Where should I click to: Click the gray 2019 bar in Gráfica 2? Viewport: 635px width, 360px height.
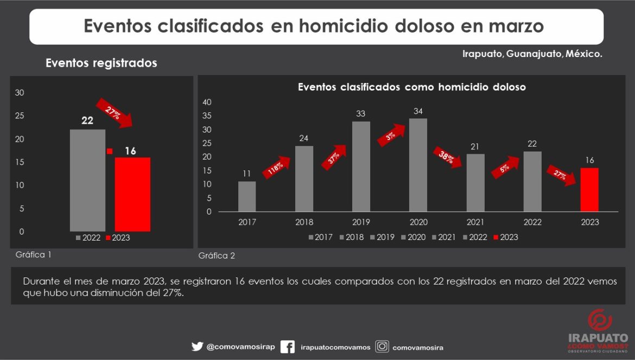(361, 166)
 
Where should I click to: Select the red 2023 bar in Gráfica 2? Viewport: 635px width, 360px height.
(589, 190)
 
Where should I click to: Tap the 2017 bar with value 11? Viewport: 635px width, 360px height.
(247, 196)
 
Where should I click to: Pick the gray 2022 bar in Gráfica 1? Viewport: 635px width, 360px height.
(87, 180)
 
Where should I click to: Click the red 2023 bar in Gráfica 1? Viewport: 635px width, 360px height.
(132, 194)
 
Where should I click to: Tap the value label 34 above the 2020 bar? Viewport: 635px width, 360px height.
(418, 112)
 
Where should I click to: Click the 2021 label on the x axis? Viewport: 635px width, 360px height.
(475, 222)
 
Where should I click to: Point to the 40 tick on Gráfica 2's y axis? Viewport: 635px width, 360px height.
(207, 102)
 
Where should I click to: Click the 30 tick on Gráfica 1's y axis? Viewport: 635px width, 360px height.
(20, 93)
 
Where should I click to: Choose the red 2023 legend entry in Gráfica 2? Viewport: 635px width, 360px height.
(506, 237)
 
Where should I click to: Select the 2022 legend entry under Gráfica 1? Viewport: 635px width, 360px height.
(88, 237)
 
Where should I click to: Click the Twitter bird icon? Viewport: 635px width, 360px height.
(197, 346)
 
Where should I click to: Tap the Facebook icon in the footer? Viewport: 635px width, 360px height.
(288, 346)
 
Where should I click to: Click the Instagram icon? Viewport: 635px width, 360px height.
(382, 346)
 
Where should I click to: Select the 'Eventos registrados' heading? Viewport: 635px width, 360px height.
(101, 63)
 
